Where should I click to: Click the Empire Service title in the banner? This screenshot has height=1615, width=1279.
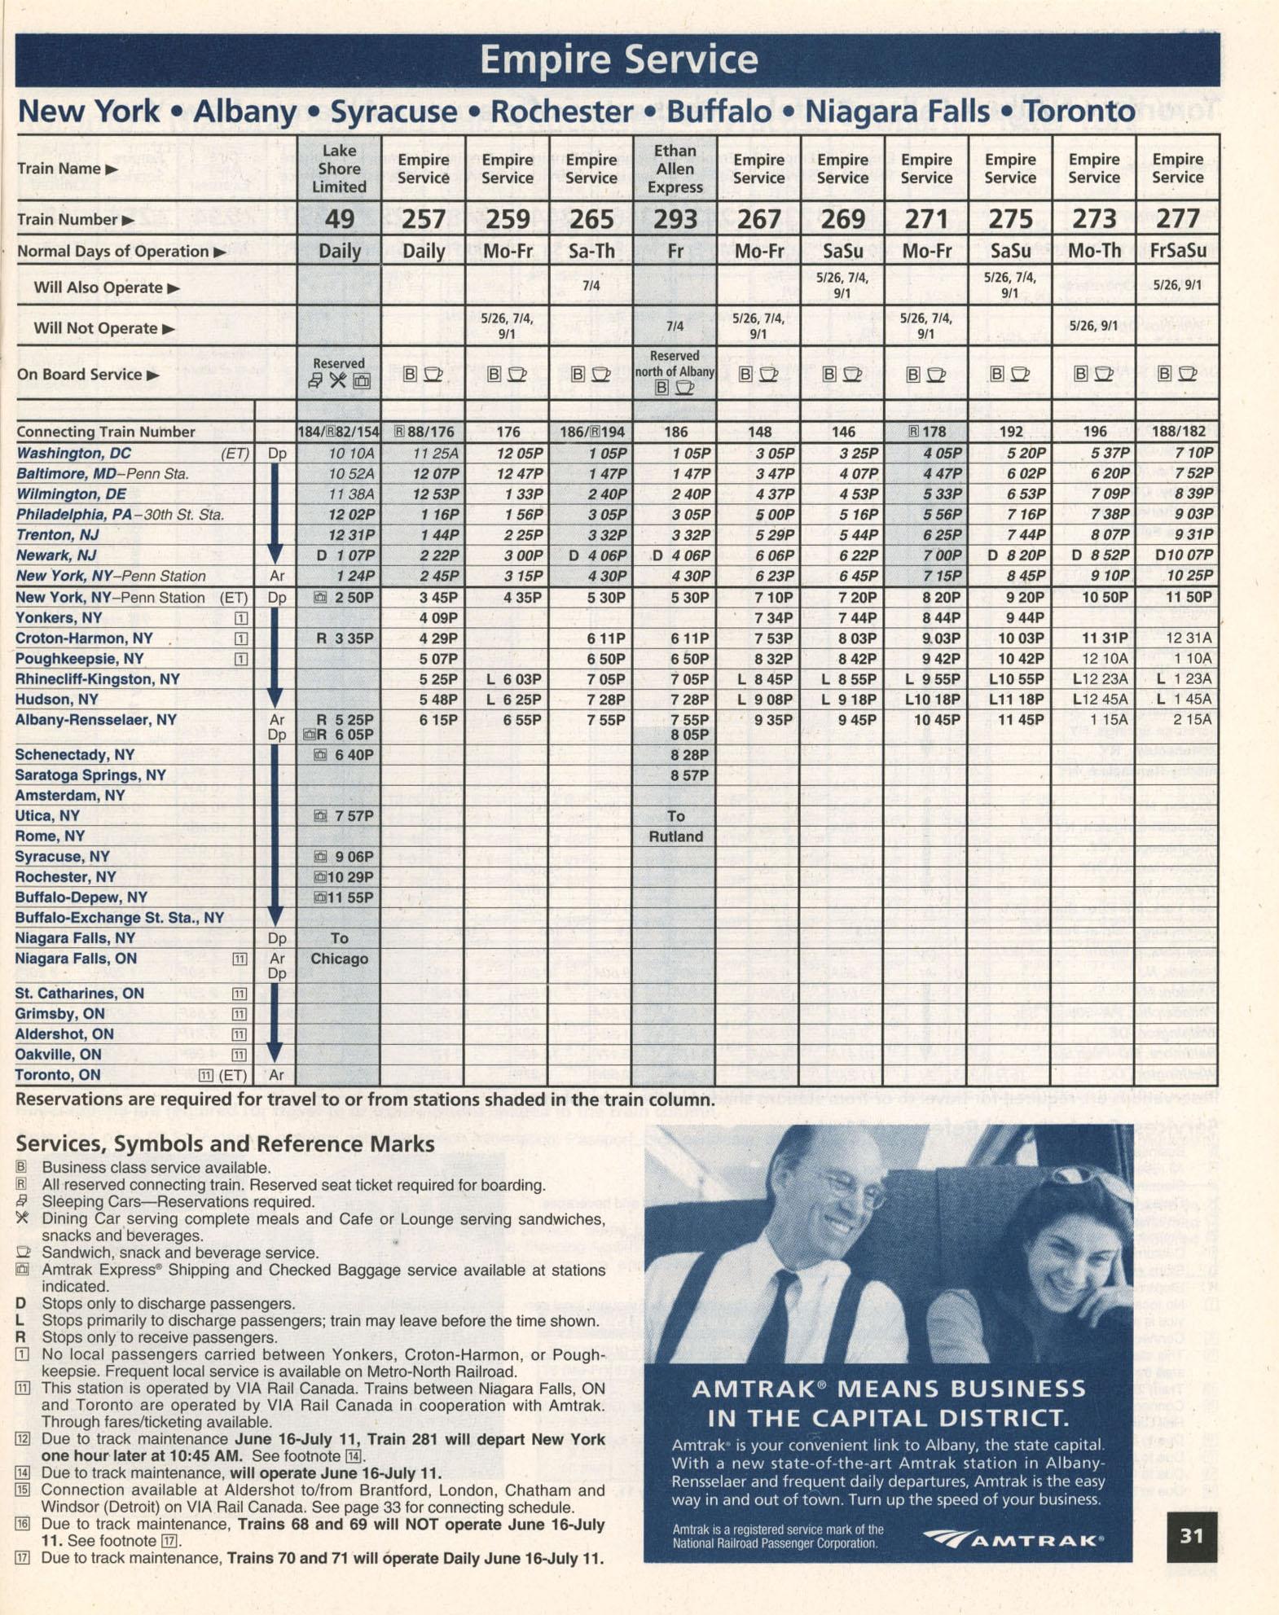(618, 59)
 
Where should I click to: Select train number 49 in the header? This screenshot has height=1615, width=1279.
(339, 219)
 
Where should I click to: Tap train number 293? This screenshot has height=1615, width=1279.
(675, 219)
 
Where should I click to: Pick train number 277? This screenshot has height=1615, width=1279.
(1178, 219)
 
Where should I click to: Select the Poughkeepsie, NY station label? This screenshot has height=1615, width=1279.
(80, 659)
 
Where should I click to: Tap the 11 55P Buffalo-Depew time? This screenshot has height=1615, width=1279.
(352, 897)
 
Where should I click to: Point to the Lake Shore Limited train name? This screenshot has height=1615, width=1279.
(339, 169)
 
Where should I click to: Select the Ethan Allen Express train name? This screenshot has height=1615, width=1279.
(675, 169)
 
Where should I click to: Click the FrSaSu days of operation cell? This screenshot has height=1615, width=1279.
(1178, 251)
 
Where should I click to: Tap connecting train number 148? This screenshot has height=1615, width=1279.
(759, 432)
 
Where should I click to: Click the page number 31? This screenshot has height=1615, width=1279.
(1191, 1536)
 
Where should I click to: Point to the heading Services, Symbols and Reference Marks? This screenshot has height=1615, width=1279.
(226, 1144)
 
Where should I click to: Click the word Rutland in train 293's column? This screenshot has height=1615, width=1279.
(675, 836)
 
